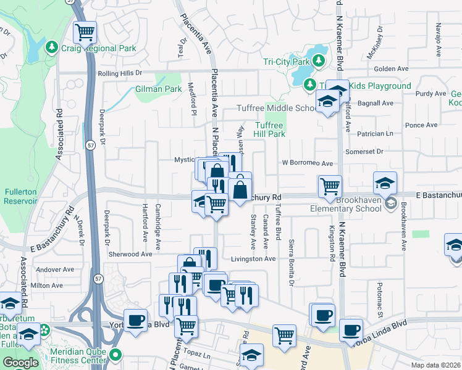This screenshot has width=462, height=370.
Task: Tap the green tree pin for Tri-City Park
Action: pos(318,60)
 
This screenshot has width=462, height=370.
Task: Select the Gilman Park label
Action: pos(158,89)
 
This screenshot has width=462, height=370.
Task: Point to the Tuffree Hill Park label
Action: pos(270,129)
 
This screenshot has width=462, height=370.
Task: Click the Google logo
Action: pos(20,363)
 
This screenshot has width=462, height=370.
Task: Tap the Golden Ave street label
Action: pos(392,68)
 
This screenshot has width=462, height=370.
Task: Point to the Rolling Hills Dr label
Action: pos(124,73)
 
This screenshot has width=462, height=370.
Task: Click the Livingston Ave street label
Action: pos(253,259)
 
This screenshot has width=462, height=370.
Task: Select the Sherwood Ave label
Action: pos(130,254)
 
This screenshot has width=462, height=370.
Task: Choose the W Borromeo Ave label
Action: pos(307,163)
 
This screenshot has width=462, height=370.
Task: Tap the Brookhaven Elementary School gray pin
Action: pos(390,203)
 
